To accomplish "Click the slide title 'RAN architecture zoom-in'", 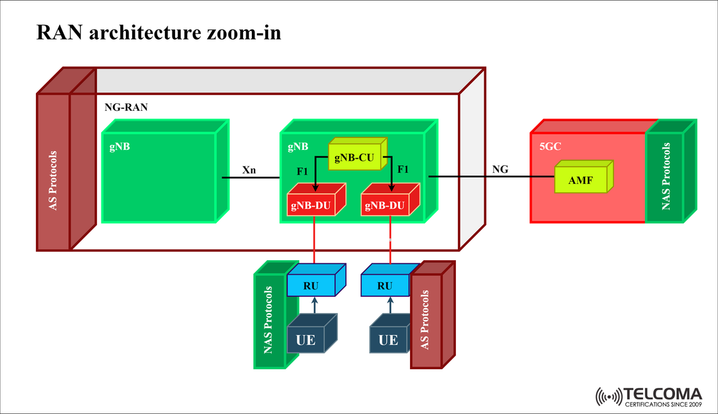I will click(x=159, y=32).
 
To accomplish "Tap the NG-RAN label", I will click(x=126, y=108).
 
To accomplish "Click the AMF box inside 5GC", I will click(x=580, y=180).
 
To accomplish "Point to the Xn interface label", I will click(x=249, y=170).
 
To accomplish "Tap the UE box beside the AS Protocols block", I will click(x=388, y=340).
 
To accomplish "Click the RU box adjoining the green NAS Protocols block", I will click(x=311, y=285).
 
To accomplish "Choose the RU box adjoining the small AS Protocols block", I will click(x=385, y=285).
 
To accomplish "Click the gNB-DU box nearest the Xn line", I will click(x=312, y=205).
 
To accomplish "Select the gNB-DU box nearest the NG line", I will click(x=385, y=205).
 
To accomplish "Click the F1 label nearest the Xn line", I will click(x=303, y=170).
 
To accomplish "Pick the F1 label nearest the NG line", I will click(x=403, y=170).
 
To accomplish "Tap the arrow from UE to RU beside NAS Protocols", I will click(x=314, y=305).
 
